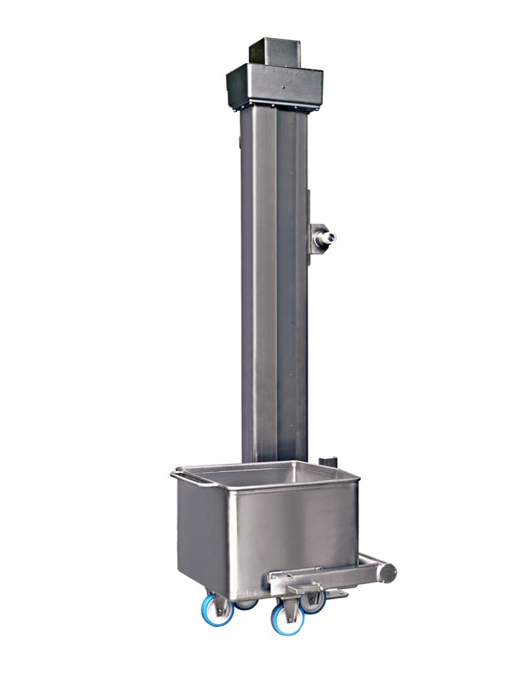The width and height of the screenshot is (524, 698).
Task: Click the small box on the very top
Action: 275,51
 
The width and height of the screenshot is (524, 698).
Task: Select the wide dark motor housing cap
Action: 274,85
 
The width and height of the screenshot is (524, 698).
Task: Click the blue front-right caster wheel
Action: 287,619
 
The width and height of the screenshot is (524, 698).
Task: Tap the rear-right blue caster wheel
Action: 313,602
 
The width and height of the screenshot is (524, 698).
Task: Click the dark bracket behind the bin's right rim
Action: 330,459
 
